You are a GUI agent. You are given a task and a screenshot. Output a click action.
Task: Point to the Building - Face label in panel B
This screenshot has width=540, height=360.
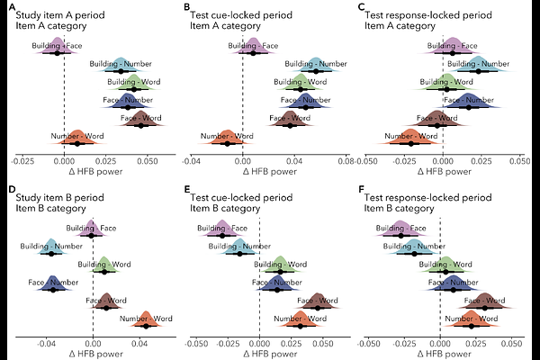click(x=255, y=45)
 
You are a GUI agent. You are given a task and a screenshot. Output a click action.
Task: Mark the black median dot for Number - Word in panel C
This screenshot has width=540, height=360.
click(x=411, y=143)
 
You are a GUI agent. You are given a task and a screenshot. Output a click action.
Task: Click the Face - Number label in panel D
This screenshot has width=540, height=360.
click(x=49, y=283)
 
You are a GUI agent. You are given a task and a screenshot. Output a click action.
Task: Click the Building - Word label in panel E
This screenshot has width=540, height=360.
click(x=273, y=265)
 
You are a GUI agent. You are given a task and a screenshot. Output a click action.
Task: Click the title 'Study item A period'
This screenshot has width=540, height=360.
click(x=56, y=16)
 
